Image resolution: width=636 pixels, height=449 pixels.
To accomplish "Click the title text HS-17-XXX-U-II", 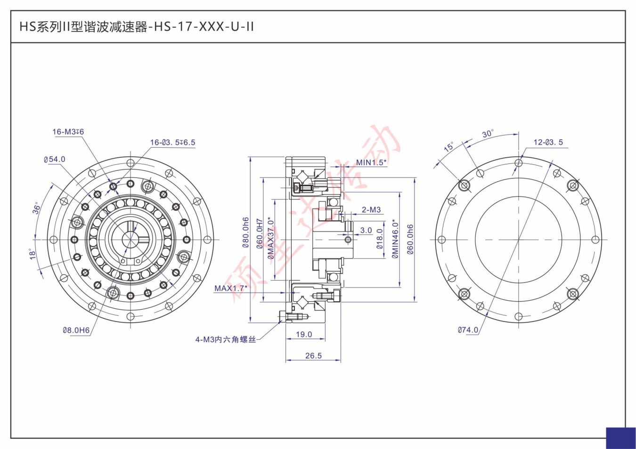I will (137, 27).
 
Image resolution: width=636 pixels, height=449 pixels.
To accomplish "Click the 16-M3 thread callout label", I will (68, 132).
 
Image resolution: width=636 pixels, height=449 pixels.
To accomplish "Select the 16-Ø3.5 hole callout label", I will (172, 142).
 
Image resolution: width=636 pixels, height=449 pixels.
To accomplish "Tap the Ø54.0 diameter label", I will (55, 160).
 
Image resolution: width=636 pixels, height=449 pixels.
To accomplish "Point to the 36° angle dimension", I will (36, 208).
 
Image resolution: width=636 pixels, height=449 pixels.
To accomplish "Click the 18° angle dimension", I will (33, 254).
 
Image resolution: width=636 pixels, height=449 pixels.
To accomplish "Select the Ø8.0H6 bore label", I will (76, 330).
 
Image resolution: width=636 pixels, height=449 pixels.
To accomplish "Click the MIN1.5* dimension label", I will (371, 162).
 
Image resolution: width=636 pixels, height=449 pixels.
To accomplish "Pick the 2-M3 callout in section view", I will (371, 209).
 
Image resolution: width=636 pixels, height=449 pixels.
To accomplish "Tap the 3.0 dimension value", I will (366, 231).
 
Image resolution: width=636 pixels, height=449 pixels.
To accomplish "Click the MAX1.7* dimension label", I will (230, 288).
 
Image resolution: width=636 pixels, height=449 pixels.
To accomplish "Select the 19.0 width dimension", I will (304, 334).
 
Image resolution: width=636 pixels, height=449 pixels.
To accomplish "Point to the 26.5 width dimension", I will (313, 355).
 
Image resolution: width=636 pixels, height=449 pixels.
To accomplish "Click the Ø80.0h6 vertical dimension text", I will (245, 233).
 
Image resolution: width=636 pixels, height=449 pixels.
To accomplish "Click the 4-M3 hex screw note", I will (225, 339).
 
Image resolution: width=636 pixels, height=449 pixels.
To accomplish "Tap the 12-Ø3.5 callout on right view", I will (548, 142).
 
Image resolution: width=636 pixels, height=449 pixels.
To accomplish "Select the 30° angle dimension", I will (488, 134).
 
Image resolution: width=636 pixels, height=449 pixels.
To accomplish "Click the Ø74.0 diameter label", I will (468, 330).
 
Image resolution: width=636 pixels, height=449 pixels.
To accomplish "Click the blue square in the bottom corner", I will (620, 438).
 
